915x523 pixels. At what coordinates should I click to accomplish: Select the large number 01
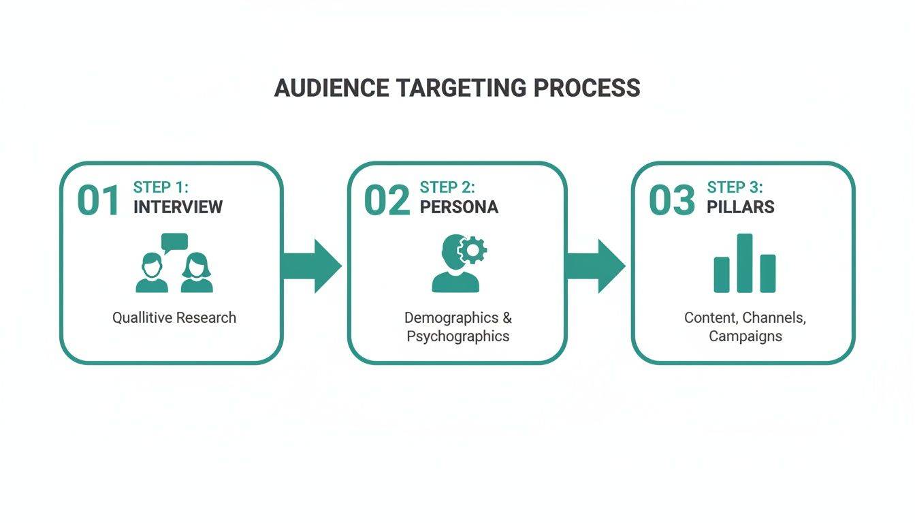point(99,200)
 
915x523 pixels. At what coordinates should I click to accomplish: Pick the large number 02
point(387,200)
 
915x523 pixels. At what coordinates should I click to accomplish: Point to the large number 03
point(672,200)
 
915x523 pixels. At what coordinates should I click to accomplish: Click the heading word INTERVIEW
point(178,207)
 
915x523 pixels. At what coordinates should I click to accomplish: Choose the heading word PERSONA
point(459,207)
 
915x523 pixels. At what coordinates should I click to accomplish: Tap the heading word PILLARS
point(741,207)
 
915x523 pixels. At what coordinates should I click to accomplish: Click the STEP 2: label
point(447,187)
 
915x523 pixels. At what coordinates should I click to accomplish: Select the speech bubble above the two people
point(174,242)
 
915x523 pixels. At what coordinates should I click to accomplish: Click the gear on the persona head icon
point(471,250)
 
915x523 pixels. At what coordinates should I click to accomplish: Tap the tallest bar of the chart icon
point(745,263)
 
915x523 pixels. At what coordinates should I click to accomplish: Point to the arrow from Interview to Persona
point(312,266)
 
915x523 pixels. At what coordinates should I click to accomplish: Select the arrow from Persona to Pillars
point(596,266)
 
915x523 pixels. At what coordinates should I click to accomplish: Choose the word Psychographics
point(457,336)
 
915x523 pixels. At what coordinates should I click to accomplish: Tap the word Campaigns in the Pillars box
point(745,336)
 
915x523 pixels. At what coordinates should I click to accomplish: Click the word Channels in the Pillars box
point(774,317)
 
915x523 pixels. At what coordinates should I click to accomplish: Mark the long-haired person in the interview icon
point(197,274)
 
